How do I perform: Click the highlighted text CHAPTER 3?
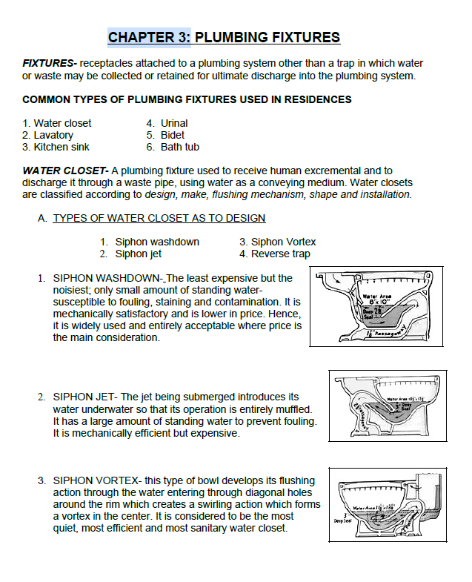pyautogui.click(x=150, y=37)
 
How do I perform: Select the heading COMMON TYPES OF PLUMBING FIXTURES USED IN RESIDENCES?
pyautogui.click(x=187, y=99)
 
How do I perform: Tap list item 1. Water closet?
pyautogui.click(x=57, y=123)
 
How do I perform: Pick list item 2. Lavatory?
pyautogui.click(x=48, y=135)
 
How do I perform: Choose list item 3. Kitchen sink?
pyautogui.click(x=56, y=147)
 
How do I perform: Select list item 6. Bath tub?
pyautogui.click(x=172, y=147)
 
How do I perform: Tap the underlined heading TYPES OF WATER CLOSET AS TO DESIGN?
pyautogui.click(x=159, y=218)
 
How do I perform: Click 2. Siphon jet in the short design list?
pyautogui.click(x=130, y=254)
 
